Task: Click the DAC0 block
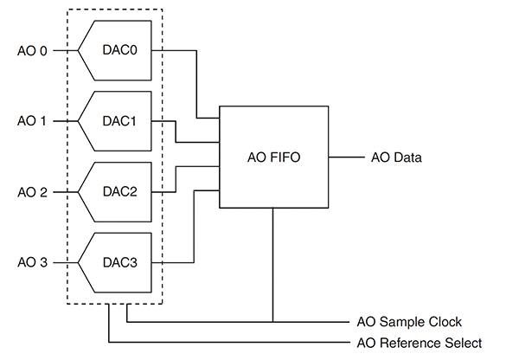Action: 118,50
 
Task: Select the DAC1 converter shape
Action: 118,120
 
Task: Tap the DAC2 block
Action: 118,190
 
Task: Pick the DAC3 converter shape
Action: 118,260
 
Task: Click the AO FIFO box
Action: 273,157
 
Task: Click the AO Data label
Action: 396,157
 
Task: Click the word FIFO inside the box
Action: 287,157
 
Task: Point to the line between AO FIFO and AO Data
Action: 346,157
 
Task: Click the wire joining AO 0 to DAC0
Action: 62,50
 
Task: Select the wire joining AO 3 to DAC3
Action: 62,260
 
